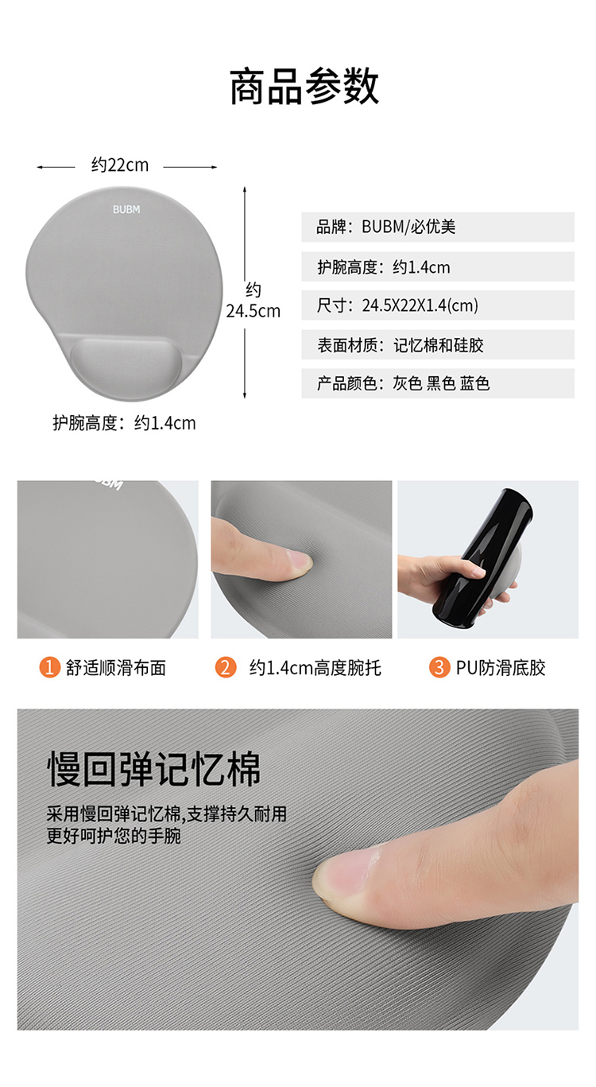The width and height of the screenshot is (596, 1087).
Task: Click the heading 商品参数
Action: coord(304,87)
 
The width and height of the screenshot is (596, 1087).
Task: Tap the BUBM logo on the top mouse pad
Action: coord(126,210)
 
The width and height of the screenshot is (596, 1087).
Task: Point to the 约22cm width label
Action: coord(120,165)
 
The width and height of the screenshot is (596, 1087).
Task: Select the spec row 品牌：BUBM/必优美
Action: coord(438,227)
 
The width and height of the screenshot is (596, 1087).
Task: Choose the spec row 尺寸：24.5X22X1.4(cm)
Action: coord(438,305)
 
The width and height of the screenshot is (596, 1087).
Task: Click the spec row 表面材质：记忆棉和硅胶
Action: coord(438,344)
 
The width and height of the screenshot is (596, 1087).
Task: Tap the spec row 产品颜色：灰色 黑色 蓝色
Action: coord(438,383)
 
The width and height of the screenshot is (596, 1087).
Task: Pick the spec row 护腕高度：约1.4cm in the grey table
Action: coord(438,266)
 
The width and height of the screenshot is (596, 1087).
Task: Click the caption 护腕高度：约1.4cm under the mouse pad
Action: coord(124,423)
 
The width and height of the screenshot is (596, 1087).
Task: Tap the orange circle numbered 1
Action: coord(49,667)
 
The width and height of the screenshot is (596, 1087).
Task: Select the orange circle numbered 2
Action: coord(226,667)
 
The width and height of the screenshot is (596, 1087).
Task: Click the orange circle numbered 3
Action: coord(439,667)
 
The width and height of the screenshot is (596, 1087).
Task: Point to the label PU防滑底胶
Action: coord(501,668)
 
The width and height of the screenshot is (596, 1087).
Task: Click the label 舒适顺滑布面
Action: coord(116,668)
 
